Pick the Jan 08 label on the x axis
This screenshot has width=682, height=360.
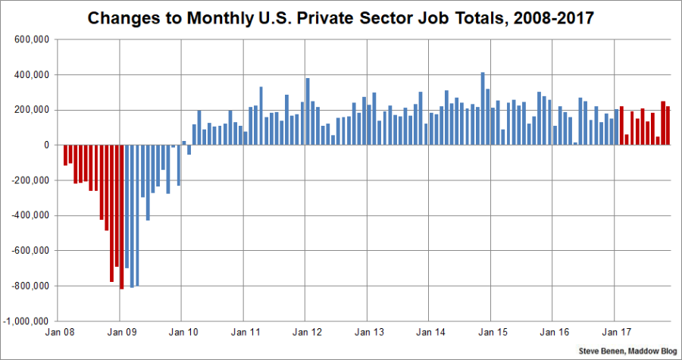[58, 332]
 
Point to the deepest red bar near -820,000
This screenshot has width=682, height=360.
[121, 217]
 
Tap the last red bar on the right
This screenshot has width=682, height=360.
[668, 125]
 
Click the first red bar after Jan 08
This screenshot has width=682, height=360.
[65, 155]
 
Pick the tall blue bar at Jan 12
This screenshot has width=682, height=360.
[308, 111]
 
